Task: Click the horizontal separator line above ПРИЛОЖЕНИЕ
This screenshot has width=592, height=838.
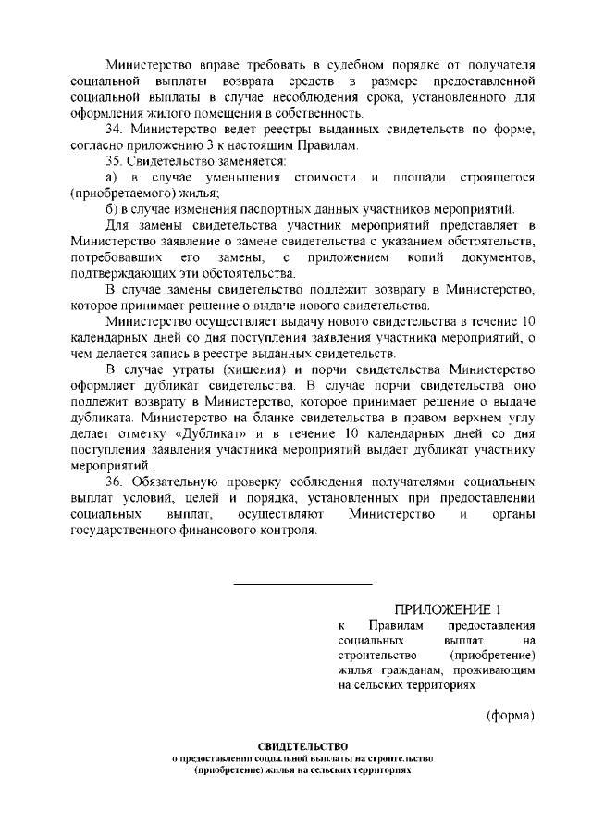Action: coord(302,584)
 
